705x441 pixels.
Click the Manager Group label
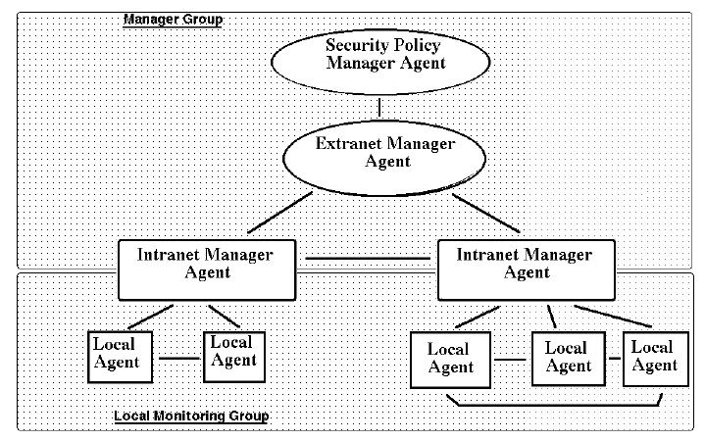point(173,20)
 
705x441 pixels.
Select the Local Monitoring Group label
point(192,416)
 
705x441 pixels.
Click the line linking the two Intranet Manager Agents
point(367,259)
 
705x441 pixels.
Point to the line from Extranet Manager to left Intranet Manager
point(279,214)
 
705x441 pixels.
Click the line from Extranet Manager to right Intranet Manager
point(487,214)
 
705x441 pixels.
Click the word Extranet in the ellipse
point(347,145)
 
